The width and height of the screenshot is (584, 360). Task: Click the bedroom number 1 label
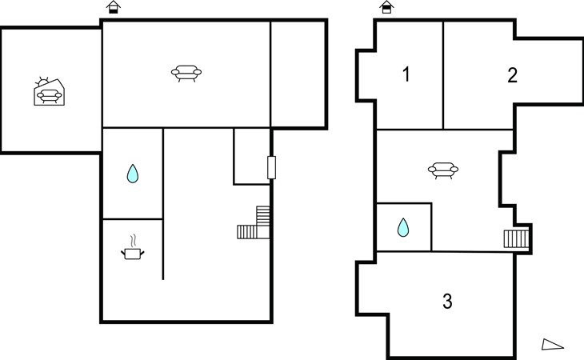pos(406,74)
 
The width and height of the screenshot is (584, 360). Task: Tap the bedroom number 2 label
pos(513,75)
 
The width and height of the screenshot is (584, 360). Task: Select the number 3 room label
pos(447,301)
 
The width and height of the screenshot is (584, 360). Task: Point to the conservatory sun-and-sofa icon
pos(49,92)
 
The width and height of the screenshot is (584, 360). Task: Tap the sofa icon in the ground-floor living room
pos(186,74)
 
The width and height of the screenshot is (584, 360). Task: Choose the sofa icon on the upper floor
pos(443,170)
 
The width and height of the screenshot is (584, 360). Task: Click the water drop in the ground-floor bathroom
pos(133,174)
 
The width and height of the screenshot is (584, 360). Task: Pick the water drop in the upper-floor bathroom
pos(403,227)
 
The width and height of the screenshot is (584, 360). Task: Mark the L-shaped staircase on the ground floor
pos(254,222)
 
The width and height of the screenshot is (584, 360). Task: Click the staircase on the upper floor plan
pos(517,239)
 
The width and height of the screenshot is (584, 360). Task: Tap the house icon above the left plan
pos(114,7)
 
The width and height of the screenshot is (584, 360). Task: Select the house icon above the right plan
pos(386,7)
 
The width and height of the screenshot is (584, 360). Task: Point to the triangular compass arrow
pos(552,344)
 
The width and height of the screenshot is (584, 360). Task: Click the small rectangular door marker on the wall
pos(271,167)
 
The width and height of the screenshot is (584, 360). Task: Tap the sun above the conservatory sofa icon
pos(42,82)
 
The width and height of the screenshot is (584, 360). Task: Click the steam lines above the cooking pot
pos(133,240)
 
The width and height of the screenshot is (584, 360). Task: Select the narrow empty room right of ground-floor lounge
pos(298,74)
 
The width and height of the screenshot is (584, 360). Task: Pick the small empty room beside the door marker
pos(251,156)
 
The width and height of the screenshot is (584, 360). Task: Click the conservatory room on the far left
pos(51,90)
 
